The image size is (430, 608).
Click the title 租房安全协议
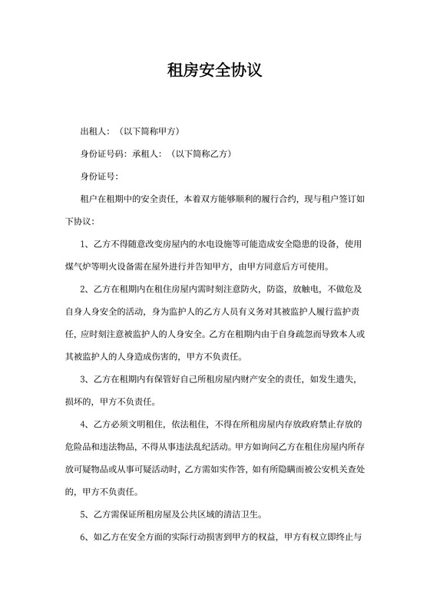click(215, 71)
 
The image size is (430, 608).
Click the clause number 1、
click(87, 244)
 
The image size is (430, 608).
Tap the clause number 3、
click(87, 378)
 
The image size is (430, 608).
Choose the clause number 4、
click(87, 424)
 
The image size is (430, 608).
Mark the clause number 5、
click(87, 514)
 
